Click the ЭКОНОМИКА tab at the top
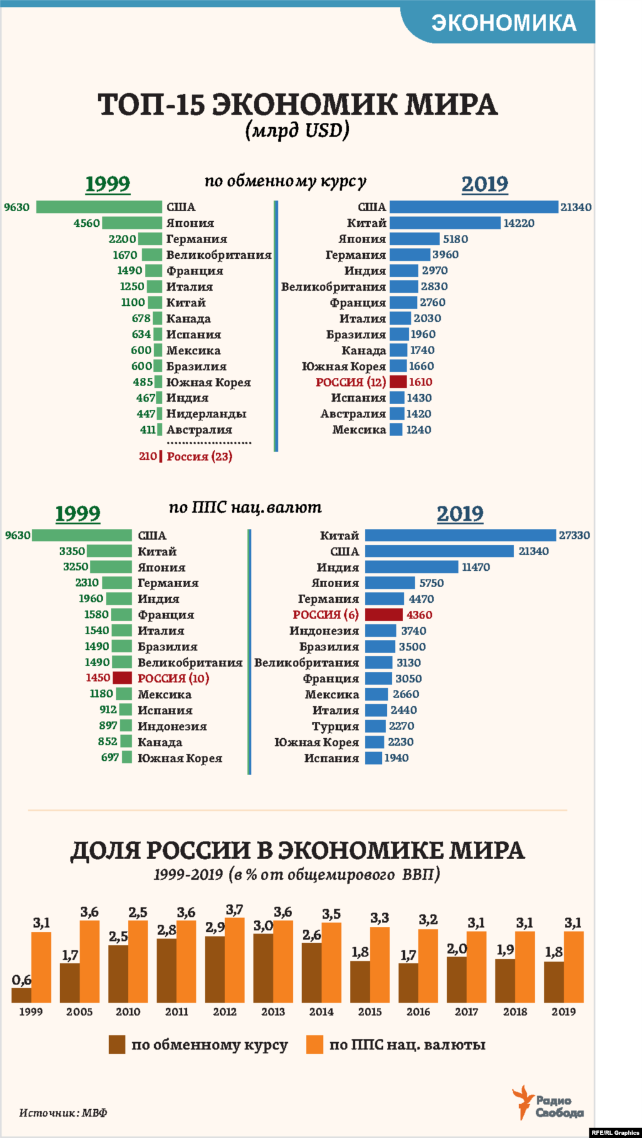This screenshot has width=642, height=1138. click(503, 23)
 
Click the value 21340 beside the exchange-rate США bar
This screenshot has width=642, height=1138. click(576, 207)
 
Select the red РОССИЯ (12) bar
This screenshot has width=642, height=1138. click(398, 382)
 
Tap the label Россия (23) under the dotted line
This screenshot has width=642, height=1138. click(199, 457)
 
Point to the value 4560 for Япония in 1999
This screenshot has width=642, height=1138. click(87, 223)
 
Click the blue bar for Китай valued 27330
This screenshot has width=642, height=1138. click(460, 535)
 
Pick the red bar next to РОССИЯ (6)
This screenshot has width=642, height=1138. click(384, 615)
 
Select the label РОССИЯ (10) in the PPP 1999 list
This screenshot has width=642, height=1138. click(173, 678)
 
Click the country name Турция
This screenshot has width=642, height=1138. click(335, 726)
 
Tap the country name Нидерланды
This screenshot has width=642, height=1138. click(206, 414)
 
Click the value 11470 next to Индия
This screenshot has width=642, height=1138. click(476, 567)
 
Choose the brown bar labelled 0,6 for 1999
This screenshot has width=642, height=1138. click(21, 995)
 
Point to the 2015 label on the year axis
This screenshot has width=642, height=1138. click(370, 1012)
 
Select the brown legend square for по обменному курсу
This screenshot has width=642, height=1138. click(117, 1045)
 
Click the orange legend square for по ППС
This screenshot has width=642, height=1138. click(314, 1045)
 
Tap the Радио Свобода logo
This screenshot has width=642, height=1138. click(549, 1104)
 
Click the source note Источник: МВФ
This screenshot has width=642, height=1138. click(63, 1113)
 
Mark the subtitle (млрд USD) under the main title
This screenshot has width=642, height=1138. click(297, 130)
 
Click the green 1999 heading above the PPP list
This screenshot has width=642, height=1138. click(78, 514)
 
